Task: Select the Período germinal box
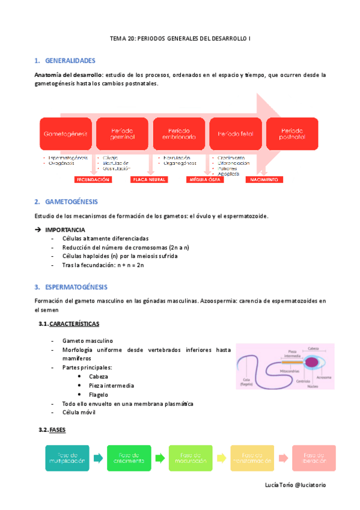coord(123,134)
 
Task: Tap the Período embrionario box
coord(178,134)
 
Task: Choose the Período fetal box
coord(235,134)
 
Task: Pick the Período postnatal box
coord(292,134)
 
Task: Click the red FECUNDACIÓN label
coord(93,179)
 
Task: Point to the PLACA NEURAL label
coord(150,179)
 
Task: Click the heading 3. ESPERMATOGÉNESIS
coord(76,287)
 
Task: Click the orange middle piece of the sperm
coord(293,362)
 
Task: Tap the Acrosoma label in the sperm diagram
coord(324,378)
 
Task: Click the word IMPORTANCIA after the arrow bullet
coord(65,230)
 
